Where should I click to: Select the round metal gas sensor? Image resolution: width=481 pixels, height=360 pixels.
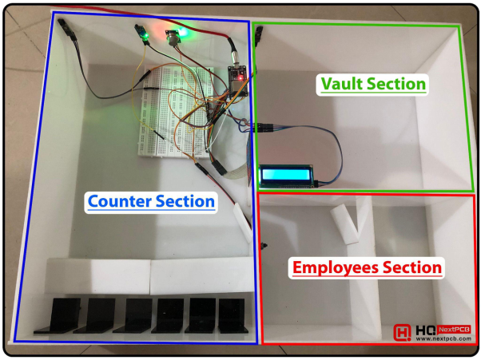coord(173,38)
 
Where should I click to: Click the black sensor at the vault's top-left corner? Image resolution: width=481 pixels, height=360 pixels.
coord(259,34)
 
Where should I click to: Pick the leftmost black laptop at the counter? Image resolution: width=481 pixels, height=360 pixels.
coord(50,315)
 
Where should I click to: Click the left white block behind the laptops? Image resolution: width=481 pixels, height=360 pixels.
coord(98,275)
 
